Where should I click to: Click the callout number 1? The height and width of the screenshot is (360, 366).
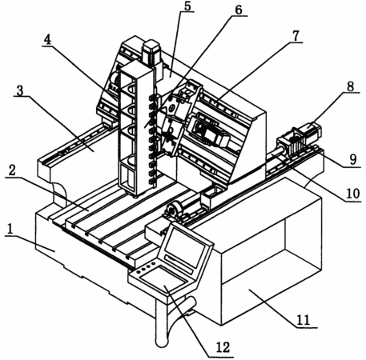click(x=10, y=229)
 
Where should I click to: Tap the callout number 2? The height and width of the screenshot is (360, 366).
click(x=12, y=170)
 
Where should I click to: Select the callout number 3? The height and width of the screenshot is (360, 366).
click(x=19, y=90)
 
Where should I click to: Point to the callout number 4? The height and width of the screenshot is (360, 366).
click(x=47, y=40)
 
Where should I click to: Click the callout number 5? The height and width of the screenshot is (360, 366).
click(x=188, y=6)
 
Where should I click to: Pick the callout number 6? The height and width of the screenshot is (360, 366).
click(x=239, y=10)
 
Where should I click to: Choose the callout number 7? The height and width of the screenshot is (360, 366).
click(x=296, y=36)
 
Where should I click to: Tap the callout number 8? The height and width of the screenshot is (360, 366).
click(x=350, y=86)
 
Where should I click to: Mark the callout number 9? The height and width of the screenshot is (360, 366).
click(x=353, y=159)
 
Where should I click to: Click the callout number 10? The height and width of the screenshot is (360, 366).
click(x=353, y=194)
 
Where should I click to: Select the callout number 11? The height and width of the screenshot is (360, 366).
click(x=304, y=319)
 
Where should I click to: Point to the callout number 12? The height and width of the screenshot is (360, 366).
click(x=223, y=347)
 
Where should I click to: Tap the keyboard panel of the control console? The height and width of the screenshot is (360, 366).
click(x=163, y=279)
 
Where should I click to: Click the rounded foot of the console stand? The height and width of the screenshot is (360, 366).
click(x=162, y=342)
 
